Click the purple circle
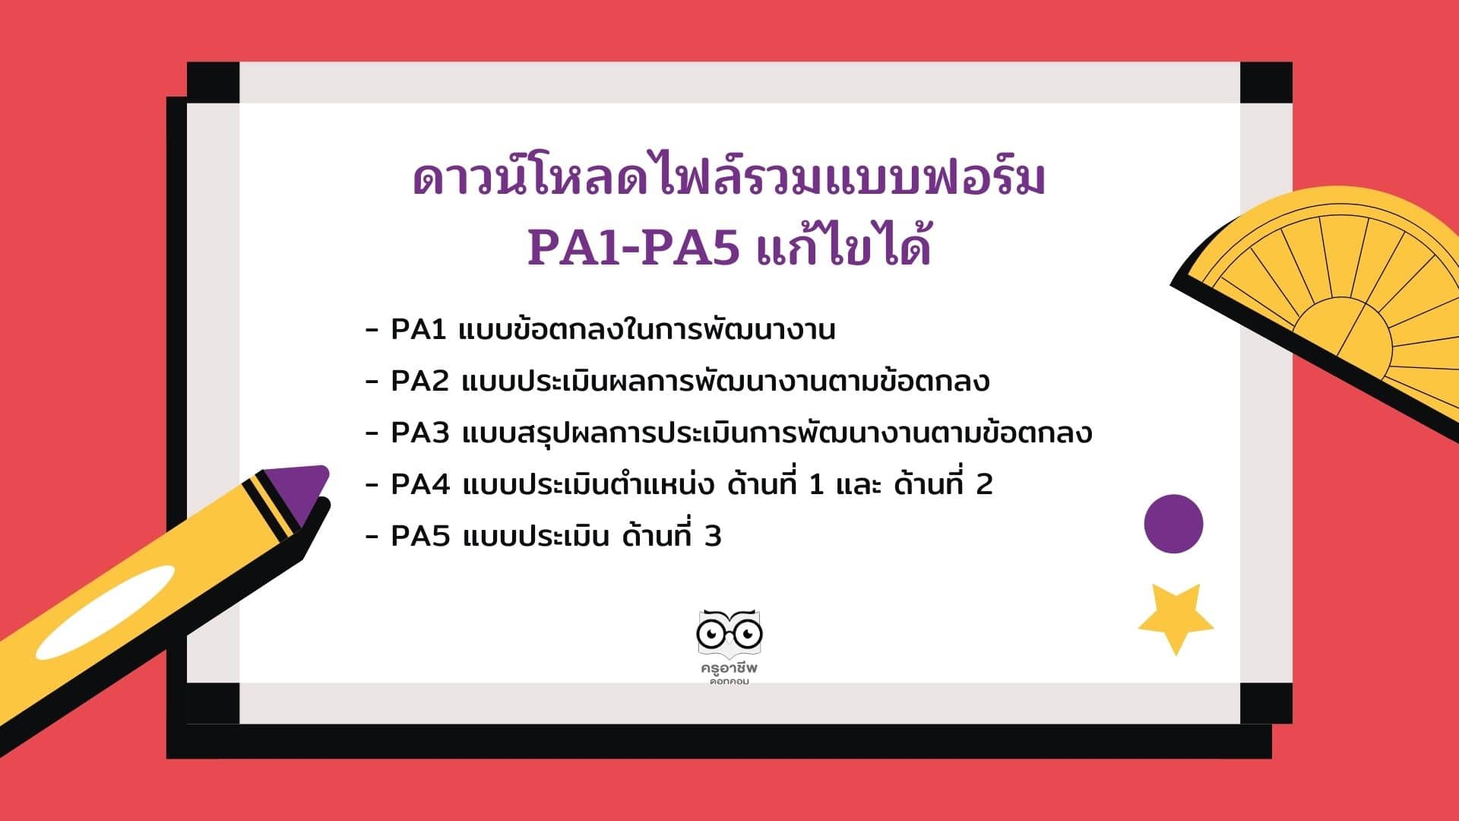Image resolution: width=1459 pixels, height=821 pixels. click(x=1173, y=524)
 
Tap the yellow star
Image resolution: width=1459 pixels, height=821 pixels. click(x=1176, y=618)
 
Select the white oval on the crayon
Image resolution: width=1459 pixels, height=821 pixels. click(x=105, y=612)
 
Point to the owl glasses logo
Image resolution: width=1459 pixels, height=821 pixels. click(x=729, y=633)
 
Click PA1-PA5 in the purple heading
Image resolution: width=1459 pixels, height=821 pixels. click(x=633, y=248)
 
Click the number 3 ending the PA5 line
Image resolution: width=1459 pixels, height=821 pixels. click(x=713, y=536)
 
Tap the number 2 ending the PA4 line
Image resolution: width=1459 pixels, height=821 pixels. click(x=984, y=484)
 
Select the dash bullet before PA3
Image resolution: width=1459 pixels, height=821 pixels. click(x=372, y=433)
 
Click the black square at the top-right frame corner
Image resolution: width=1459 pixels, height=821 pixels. click(x=1266, y=82)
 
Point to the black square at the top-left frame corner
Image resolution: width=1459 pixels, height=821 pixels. click(x=213, y=82)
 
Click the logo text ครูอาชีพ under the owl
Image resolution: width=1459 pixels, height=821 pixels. click(x=729, y=668)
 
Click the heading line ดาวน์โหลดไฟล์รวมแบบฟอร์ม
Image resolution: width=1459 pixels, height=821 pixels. click(x=729, y=177)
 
